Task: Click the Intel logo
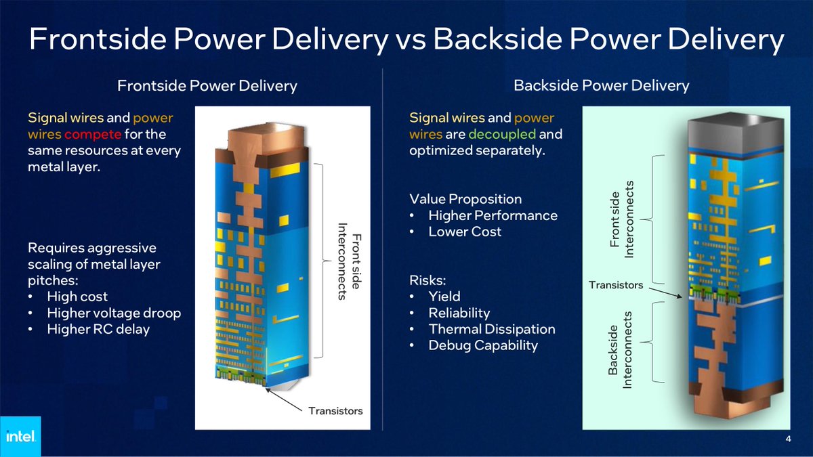[x=20, y=436]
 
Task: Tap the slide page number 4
[x=788, y=439]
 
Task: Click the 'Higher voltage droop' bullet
[x=113, y=313]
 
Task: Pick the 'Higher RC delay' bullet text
[x=98, y=329]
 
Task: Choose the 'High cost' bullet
[x=77, y=297]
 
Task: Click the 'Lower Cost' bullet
[x=465, y=232]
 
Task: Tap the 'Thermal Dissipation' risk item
[x=491, y=329]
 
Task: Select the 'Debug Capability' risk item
[x=482, y=345]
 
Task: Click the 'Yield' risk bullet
[x=444, y=297]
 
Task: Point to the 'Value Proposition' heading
[x=465, y=199]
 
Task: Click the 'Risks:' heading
[x=428, y=280]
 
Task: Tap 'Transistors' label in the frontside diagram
[x=335, y=411]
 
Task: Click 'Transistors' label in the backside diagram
[x=616, y=285]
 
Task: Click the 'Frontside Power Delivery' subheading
[x=207, y=86]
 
